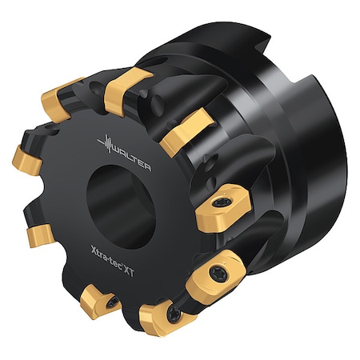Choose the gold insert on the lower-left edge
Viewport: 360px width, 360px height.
point(39,237)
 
